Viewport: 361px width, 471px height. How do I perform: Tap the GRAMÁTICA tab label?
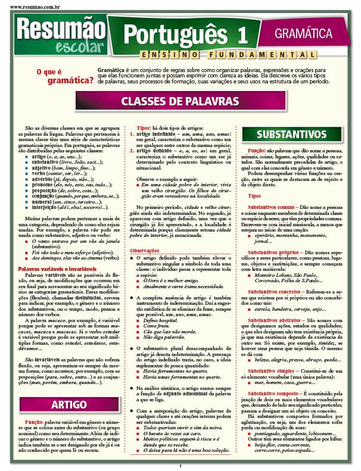pyautogui.click(x=303, y=33)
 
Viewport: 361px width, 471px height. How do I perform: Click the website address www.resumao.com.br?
pyautogui.click(x=30, y=5)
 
